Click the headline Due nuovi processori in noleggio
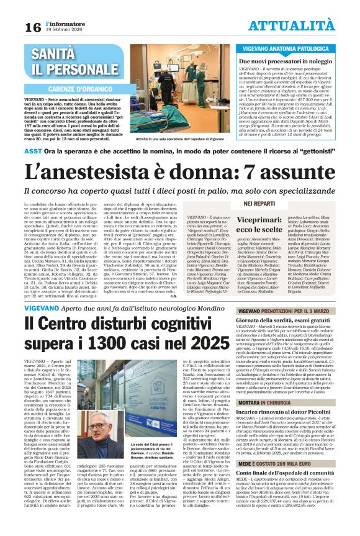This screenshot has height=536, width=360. [284, 62]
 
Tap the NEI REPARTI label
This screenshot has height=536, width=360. [259, 203]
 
